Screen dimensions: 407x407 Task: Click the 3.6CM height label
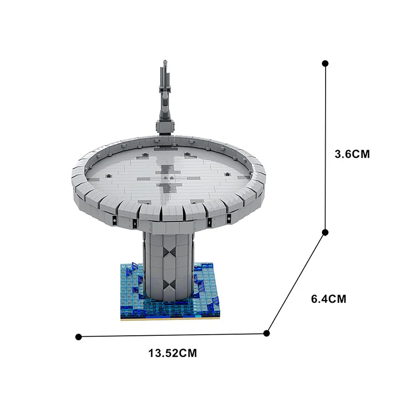(352, 154)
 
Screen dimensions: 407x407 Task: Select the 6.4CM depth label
(329, 299)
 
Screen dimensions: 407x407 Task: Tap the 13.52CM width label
(172, 353)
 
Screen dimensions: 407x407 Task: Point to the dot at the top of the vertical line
(325, 63)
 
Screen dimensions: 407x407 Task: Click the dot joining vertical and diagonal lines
(325, 232)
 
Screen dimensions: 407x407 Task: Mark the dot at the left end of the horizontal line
(78, 337)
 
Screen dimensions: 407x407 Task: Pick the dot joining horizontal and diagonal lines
(266, 333)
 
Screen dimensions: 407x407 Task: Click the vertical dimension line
(325, 148)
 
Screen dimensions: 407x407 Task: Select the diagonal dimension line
(296, 283)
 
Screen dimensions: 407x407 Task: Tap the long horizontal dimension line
(172, 335)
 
